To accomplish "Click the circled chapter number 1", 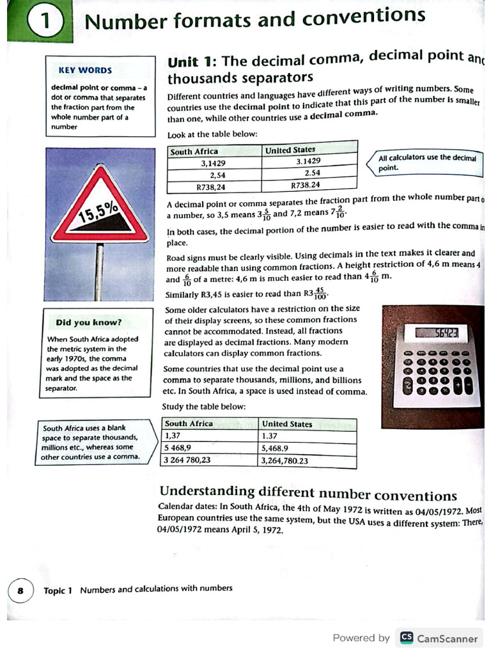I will pyautogui.click(x=45, y=22).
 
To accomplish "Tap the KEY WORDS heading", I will pyautogui.click(x=85, y=70).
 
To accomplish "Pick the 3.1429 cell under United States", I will pyautogui.click(x=308, y=162).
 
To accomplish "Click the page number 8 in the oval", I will pyautogui.click(x=20, y=590).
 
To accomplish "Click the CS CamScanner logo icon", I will pyautogui.click(x=406, y=638).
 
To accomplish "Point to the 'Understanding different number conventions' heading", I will pyautogui.click(x=308, y=493).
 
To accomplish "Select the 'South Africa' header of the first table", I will pyautogui.click(x=194, y=152).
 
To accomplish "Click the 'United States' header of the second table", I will pyautogui.click(x=287, y=424).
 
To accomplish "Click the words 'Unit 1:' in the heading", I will pyautogui.click(x=192, y=62).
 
